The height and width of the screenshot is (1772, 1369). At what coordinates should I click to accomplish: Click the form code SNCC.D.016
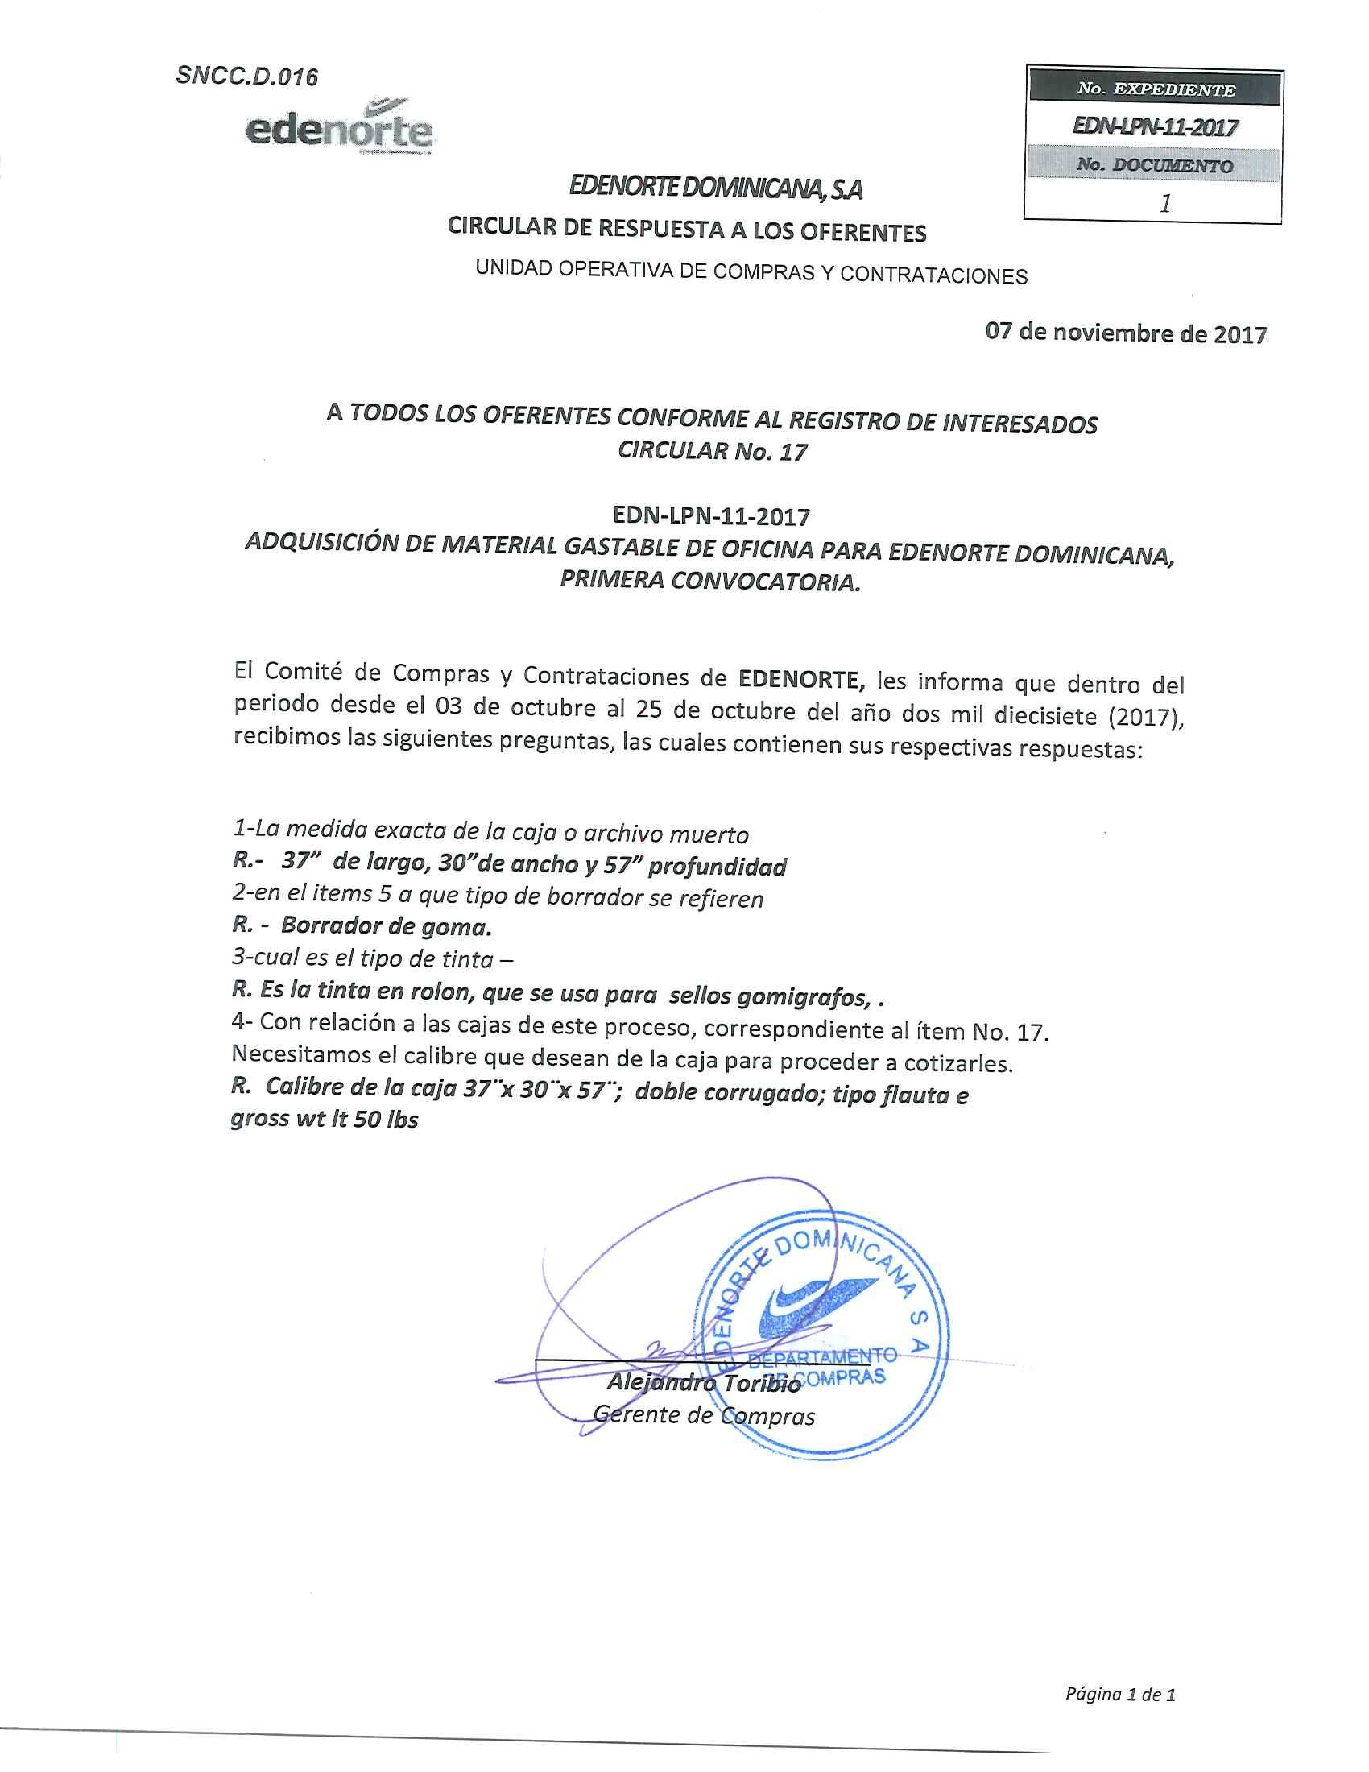tap(246, 77)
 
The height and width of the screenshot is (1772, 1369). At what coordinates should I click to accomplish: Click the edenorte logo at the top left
tap(339, 128)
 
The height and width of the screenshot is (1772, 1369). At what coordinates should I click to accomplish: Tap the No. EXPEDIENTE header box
tap(1155, 89)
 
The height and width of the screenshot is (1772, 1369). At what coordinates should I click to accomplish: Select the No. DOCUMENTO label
tap(1154, 164)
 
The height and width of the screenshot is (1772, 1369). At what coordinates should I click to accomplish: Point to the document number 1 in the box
tap(1165, 203)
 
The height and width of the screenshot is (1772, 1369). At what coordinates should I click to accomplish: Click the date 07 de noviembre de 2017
tap(1125, 333)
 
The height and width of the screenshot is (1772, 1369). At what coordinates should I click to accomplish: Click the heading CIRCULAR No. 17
tap(712, 451)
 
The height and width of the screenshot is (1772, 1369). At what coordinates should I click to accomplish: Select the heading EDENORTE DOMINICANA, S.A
tap(714, 188)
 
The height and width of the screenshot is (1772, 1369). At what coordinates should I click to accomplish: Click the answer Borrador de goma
tap(386, 925)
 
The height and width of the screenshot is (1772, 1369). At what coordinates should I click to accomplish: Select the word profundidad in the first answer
tap(717, 867)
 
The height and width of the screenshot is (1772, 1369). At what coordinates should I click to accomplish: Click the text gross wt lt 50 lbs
tap(325, 1120)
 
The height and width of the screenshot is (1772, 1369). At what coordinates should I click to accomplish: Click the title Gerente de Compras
tap(704, 1416)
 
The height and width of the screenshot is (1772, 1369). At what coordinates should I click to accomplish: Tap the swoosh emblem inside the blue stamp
tap(815, 1306)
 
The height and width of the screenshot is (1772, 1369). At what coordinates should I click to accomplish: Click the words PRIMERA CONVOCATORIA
tap(709, 581)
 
